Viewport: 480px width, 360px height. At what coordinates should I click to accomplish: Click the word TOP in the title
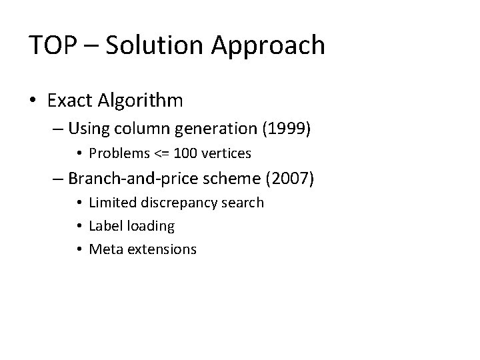[52, 45]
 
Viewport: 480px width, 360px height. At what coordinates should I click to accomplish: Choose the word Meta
[104, 249]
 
